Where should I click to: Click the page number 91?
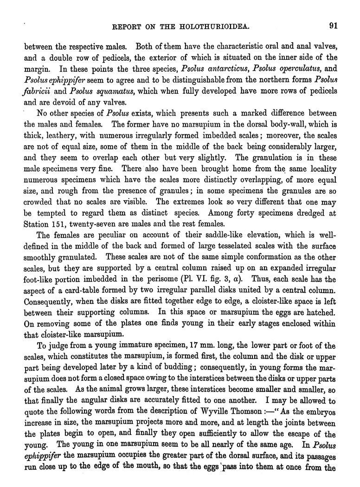click(333, 26)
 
